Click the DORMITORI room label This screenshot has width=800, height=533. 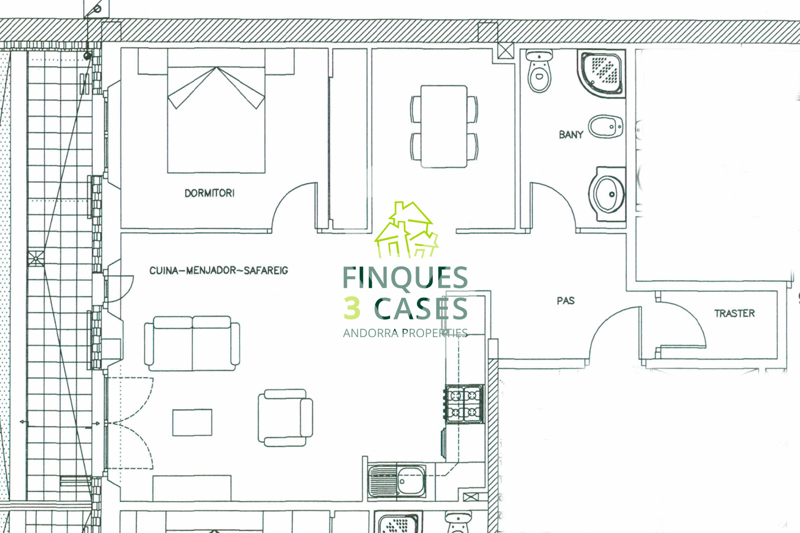point(209,193)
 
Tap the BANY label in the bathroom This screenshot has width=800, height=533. point(571,134)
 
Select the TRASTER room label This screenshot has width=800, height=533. point(735,314)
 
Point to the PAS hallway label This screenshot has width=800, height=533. point(566,301)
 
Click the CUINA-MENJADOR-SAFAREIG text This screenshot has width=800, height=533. point(219,270)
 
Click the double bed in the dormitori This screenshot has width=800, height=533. point(216,111)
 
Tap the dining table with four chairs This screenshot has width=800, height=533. point(444,127)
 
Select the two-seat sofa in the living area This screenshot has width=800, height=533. point(192,343)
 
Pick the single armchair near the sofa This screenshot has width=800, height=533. point(285,418)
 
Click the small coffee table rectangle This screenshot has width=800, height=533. point(192,422)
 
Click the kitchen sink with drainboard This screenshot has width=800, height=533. point(397,481)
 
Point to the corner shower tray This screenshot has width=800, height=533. point(601,72)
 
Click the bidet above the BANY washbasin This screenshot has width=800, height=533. point(605,127)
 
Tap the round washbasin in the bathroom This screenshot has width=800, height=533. point(607,194)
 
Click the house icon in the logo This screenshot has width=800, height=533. point(406,230)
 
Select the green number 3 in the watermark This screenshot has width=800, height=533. point(352,308)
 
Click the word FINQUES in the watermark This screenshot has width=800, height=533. point(405,277)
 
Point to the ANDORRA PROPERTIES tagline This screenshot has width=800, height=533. point(405,333)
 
